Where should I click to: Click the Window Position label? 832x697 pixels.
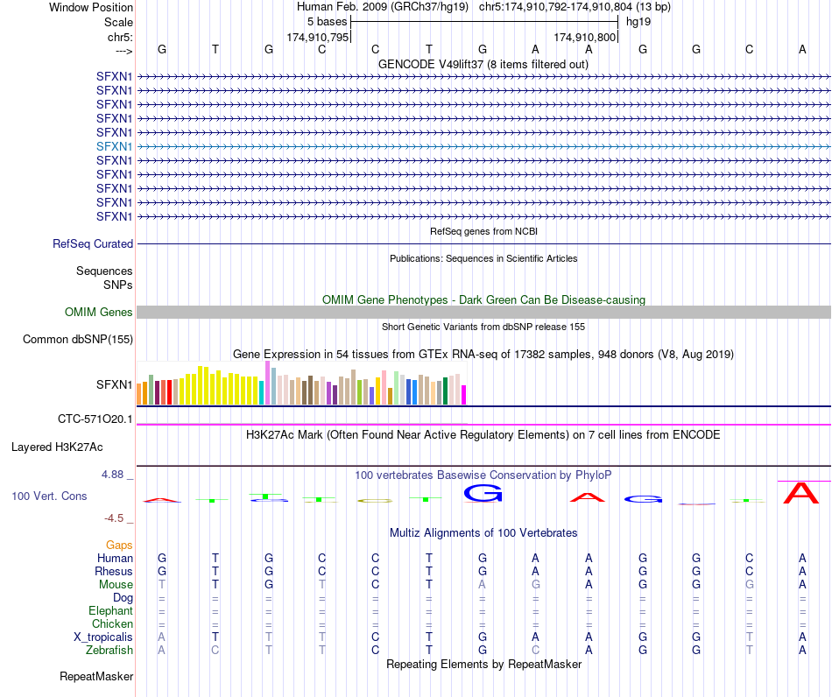tap(91, 7)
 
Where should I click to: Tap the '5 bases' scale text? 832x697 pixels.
tap(327, 22)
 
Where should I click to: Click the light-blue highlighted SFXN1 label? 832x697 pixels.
tap(114, 146)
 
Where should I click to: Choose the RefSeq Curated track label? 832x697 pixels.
tap(93, 244)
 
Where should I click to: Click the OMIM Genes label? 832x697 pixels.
tap(99, 312)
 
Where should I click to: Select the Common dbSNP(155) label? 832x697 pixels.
tap(78, 340)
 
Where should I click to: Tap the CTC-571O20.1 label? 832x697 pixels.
tap(95, 419)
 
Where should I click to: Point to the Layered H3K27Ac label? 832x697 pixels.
tap(57, 447)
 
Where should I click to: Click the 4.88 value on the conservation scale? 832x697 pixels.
tap(112, 475)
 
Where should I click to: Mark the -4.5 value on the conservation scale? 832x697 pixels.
tap(114, 517)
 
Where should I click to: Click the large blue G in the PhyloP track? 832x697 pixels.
tap(483, 493)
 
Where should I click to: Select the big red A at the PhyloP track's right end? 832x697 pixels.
tap(801, 493)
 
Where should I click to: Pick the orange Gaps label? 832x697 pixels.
tap(119, 546)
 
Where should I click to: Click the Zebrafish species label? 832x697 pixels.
tap(109, 651)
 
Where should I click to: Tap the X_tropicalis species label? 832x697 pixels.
tap(103, 637)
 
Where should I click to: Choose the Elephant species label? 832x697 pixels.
tap(111, 611)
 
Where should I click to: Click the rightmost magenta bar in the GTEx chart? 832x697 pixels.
tap(464, 395)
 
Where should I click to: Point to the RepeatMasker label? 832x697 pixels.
tap(96, 676)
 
